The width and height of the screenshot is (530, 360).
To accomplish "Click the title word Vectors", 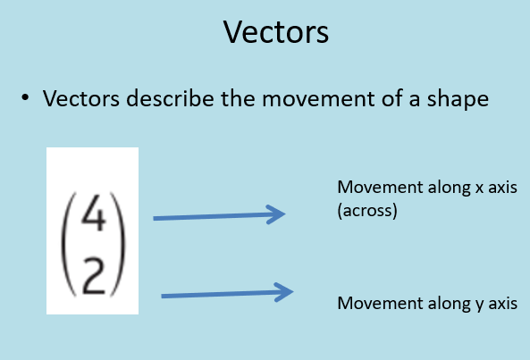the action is coord(276,32).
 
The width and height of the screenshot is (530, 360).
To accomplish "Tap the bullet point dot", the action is coord(25,97).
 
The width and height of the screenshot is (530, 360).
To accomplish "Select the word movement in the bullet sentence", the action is coord(318,99).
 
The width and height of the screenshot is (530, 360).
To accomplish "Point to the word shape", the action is coord(458,100).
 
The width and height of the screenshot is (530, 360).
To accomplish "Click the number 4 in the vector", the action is coord(94,213).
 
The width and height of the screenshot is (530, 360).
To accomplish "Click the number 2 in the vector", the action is coord(94,276).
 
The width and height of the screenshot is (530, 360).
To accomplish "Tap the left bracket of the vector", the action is coord(69,244).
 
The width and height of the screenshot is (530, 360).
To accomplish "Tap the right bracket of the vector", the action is coord(119,244).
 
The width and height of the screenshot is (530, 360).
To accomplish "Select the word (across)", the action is coord(367,211).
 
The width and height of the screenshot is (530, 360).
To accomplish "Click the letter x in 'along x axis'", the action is coord(479,188).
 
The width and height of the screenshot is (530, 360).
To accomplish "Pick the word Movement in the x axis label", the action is coord(380,187).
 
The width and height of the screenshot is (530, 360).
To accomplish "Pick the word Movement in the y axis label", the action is coord(380,303).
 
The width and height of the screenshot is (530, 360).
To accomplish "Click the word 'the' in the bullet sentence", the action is coord(238,98).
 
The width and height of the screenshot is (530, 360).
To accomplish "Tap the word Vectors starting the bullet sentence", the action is coord(81,98).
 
